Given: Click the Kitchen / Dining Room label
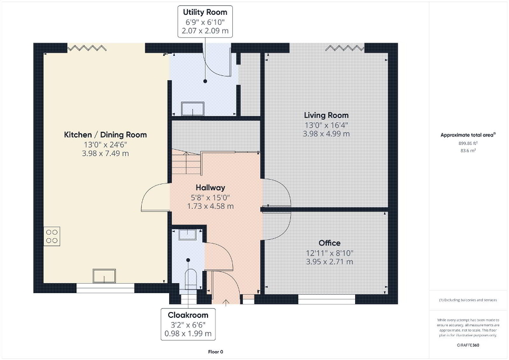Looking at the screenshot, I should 105,134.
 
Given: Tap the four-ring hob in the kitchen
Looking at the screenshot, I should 52,236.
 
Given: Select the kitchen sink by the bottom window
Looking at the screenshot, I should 104,276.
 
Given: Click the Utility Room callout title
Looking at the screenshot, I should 205,12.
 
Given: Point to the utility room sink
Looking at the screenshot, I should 191,108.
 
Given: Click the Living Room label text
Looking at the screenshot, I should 326,115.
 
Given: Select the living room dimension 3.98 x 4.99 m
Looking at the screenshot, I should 326,134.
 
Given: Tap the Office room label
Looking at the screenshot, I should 329,243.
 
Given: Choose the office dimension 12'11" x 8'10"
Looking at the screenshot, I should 329,252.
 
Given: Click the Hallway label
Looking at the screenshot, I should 210,187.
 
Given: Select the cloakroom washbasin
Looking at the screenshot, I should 187,235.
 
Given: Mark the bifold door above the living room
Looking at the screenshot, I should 345,48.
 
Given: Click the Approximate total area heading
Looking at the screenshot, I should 468,135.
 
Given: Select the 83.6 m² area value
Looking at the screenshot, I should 468,150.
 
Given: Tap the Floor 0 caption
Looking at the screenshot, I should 216,352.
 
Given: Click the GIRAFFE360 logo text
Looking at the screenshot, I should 468,344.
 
